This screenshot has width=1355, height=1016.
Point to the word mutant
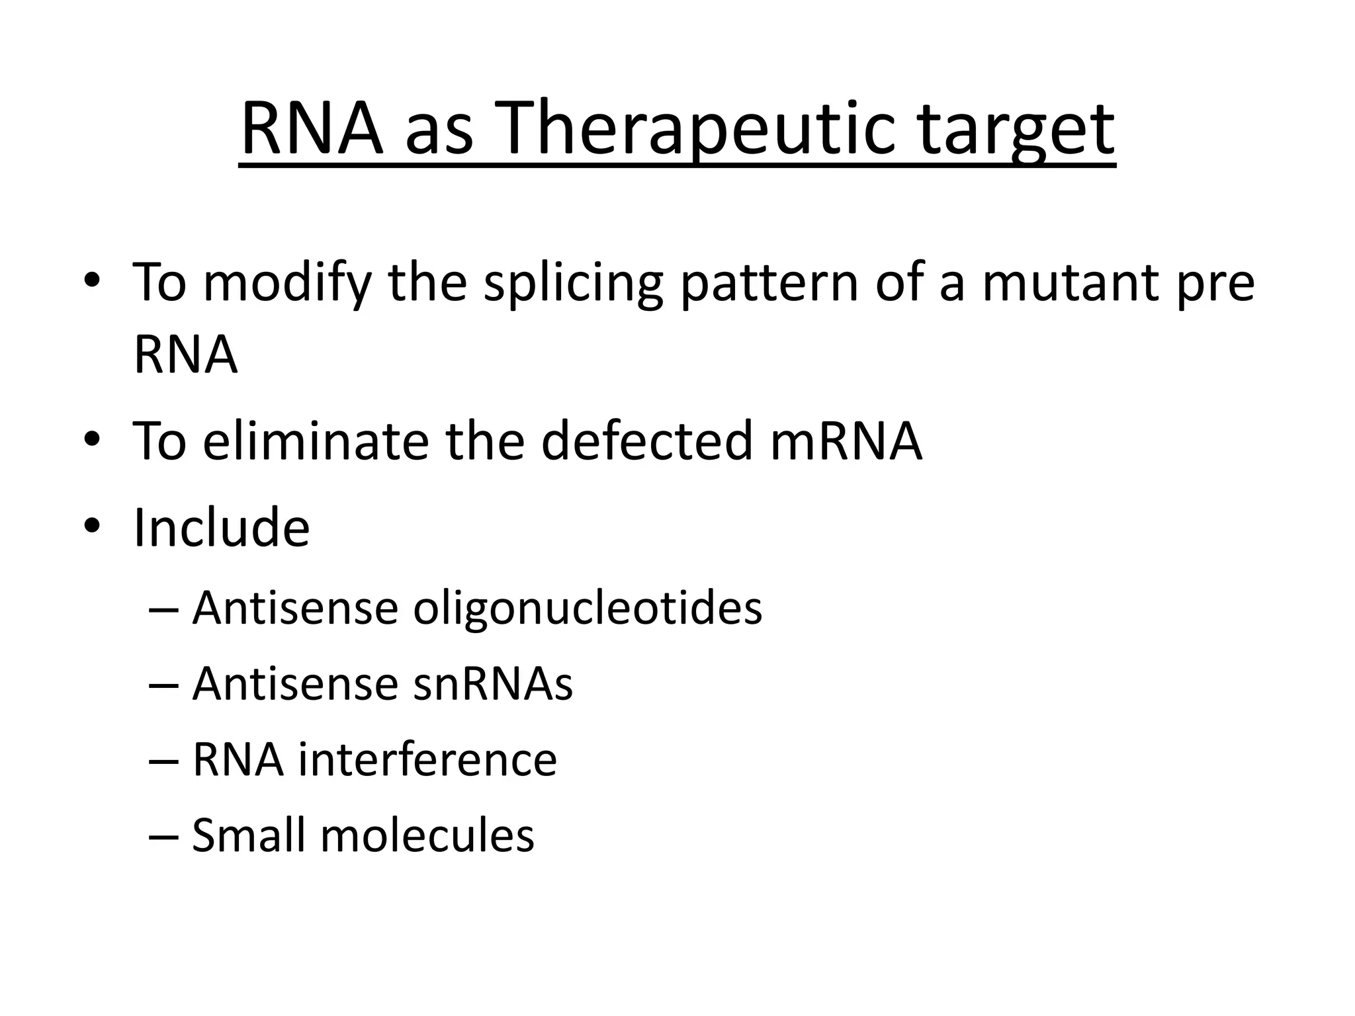[1071, 283]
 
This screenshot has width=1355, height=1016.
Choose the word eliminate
[316, 441]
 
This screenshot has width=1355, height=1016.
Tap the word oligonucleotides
[588, 609]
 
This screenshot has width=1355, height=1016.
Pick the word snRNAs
[493, 684]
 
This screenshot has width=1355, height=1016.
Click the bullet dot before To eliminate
[92, 440]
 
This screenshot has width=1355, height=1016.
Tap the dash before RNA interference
[163, 761]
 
